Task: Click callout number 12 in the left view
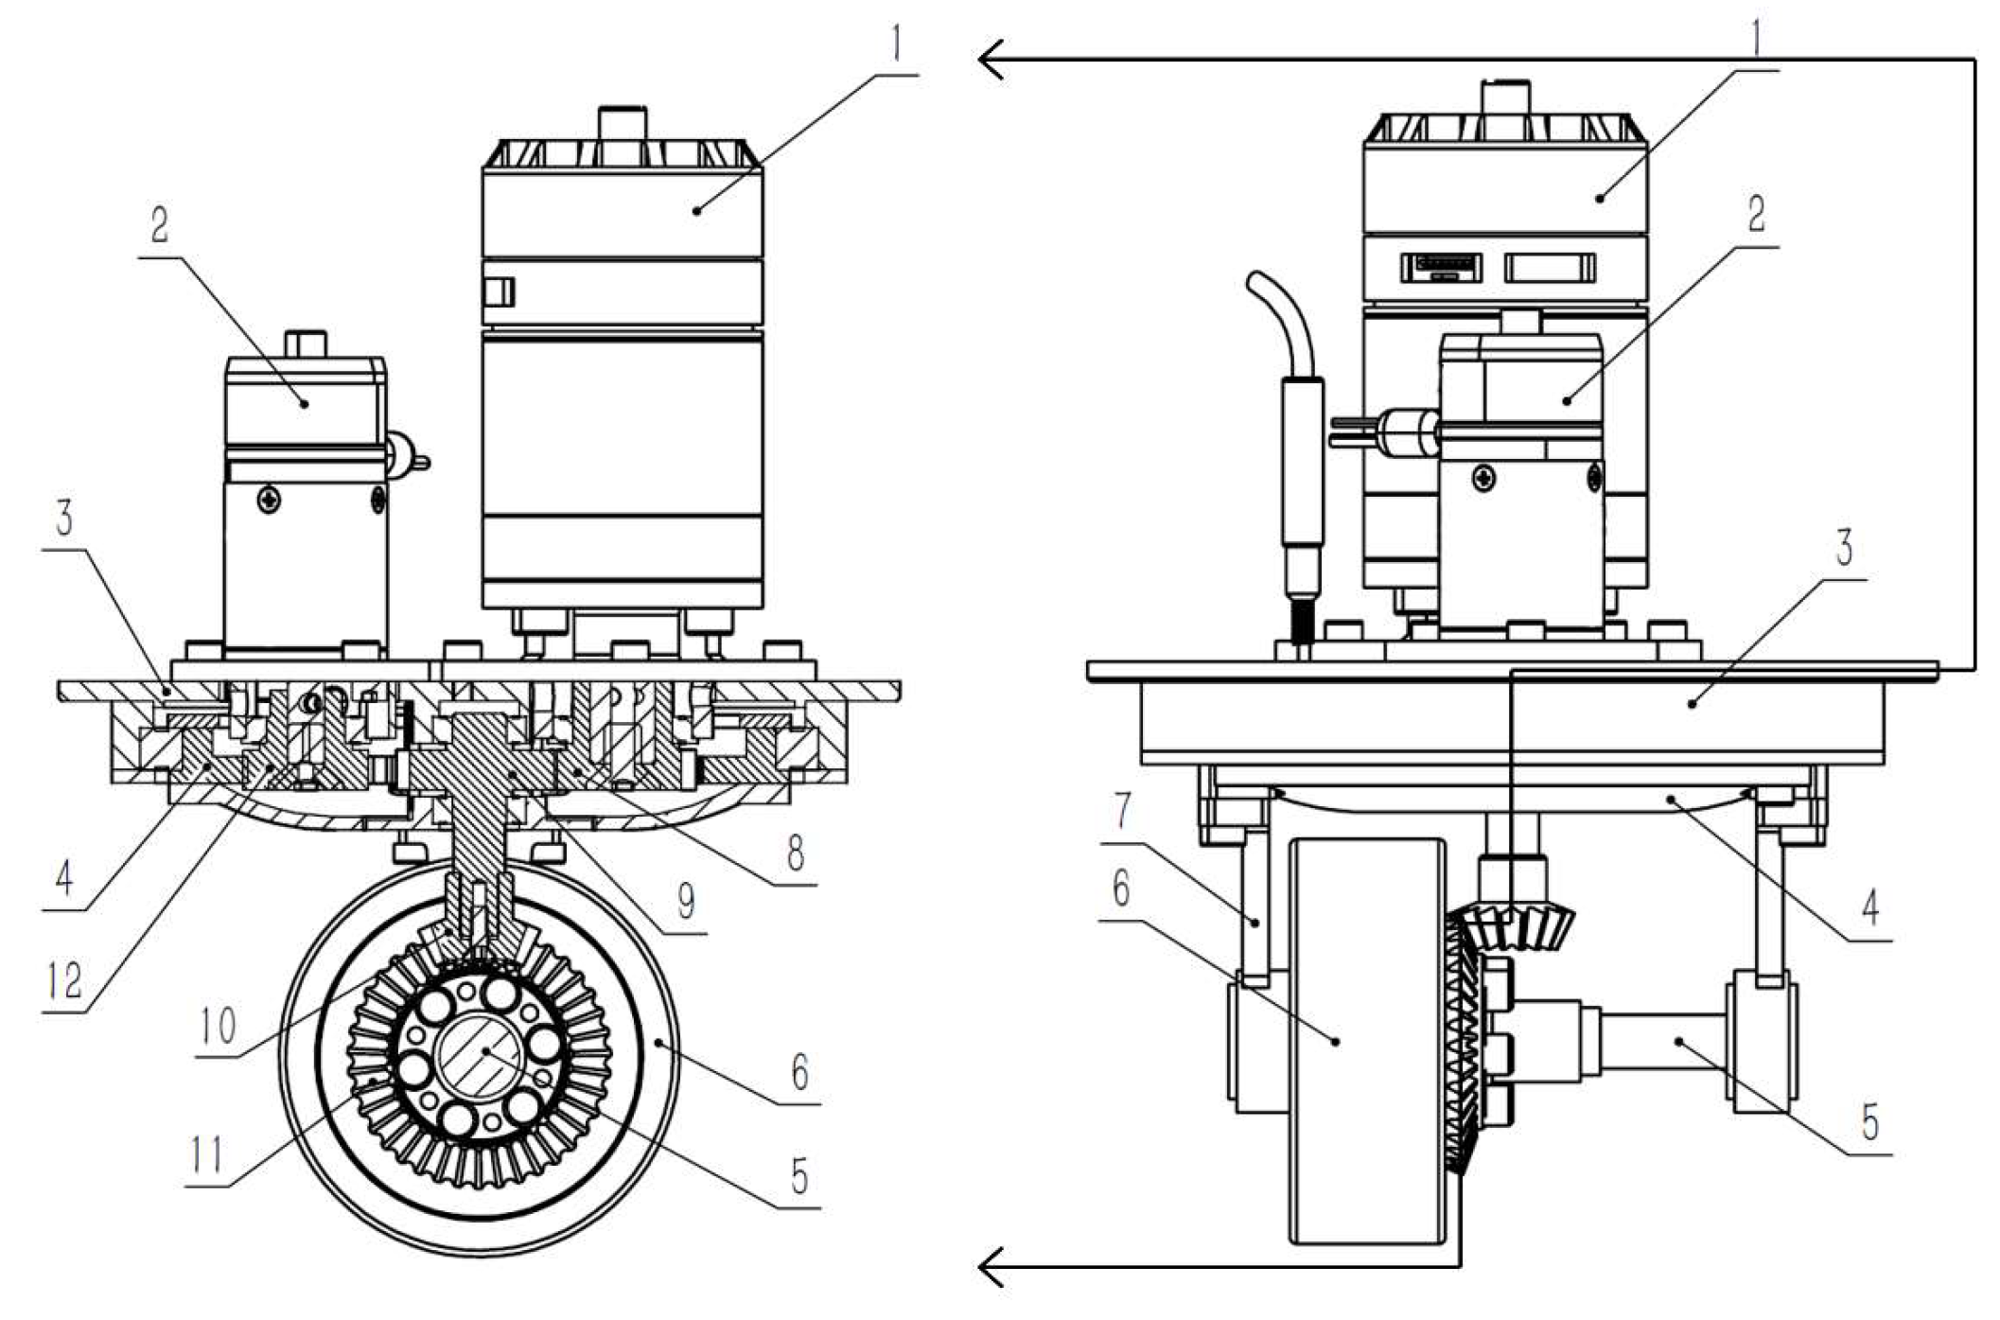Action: click(64, 980)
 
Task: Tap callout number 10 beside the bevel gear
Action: click(218, 1026)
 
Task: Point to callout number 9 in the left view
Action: click(686, 901)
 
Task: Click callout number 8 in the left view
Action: click(795, 853)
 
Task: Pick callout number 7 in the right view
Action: click(1122, 810)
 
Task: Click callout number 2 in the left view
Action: click(159, 225)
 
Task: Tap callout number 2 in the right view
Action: click(1756, 214)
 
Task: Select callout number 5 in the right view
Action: click(1869, 1122)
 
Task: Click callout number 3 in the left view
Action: click(64, 519)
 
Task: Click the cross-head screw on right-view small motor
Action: click(1484, 479)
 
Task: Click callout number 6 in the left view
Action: click(800, 1073)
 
